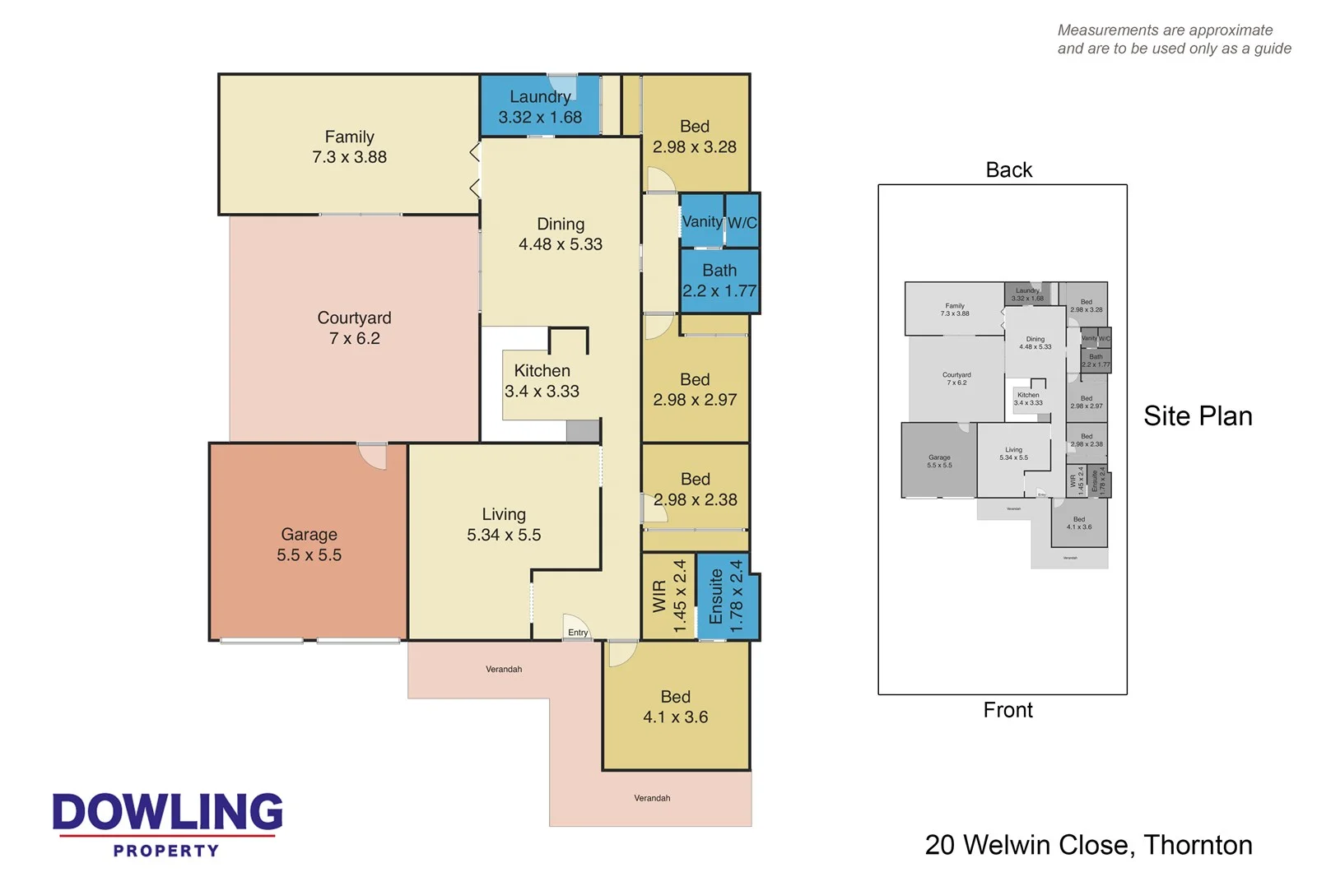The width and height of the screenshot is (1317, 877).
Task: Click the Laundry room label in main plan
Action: coord(539,97)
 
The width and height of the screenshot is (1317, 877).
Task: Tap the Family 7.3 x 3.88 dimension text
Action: coord(349,157)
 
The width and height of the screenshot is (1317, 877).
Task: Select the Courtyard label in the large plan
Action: coord(354,318)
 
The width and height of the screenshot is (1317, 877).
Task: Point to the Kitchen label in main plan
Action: coord(542,371)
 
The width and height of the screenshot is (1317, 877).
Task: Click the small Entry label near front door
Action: coord(578,633)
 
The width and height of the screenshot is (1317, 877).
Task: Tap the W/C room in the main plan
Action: coord(742,222)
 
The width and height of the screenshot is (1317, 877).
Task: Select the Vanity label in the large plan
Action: coord(702,221)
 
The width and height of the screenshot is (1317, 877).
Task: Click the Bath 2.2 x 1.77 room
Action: coord(719,281)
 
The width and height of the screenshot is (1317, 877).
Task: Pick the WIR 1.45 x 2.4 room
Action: coord(668,596)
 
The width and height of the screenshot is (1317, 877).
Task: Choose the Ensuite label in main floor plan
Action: coord(716,596)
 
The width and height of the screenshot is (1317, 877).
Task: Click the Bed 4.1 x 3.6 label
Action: coord(675,707)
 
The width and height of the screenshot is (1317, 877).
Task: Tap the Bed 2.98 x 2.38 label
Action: coord(695,489)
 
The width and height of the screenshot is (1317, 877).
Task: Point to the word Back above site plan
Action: coord(1008,169)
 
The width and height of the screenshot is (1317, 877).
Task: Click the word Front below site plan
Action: coord(1008,710)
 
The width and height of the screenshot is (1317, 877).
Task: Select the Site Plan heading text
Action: coord(1198,416)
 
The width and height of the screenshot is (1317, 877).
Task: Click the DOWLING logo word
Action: coord(168,812)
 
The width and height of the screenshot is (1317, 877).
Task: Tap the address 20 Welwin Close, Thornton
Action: coord(1088,845)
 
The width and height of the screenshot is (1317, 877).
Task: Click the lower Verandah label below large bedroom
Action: coord(652,798)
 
